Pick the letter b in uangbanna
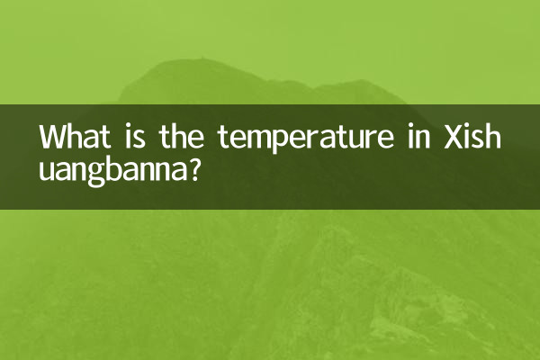121,167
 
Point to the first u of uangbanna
48,170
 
